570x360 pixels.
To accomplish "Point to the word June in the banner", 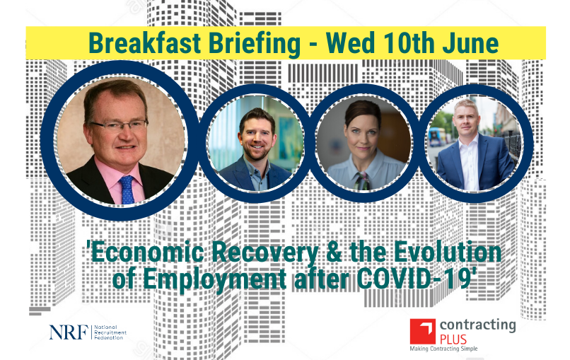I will coord(471,43).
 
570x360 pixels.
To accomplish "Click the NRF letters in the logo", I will coord(69,332).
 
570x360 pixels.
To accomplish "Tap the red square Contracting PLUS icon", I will coord(422,331).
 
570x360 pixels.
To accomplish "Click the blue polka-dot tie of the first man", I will coord(127,189).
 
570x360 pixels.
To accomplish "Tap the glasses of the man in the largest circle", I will coord(117,125).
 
